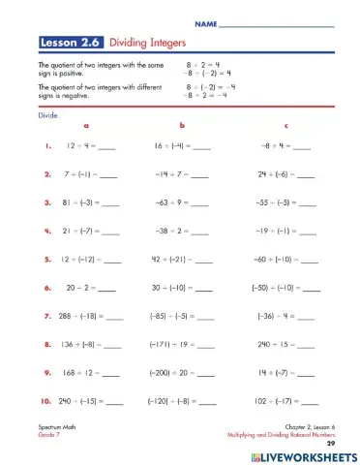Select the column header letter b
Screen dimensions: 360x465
coord(180,126)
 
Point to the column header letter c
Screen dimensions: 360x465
coord(285,126)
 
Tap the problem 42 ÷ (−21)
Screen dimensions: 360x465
coord(173,260)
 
